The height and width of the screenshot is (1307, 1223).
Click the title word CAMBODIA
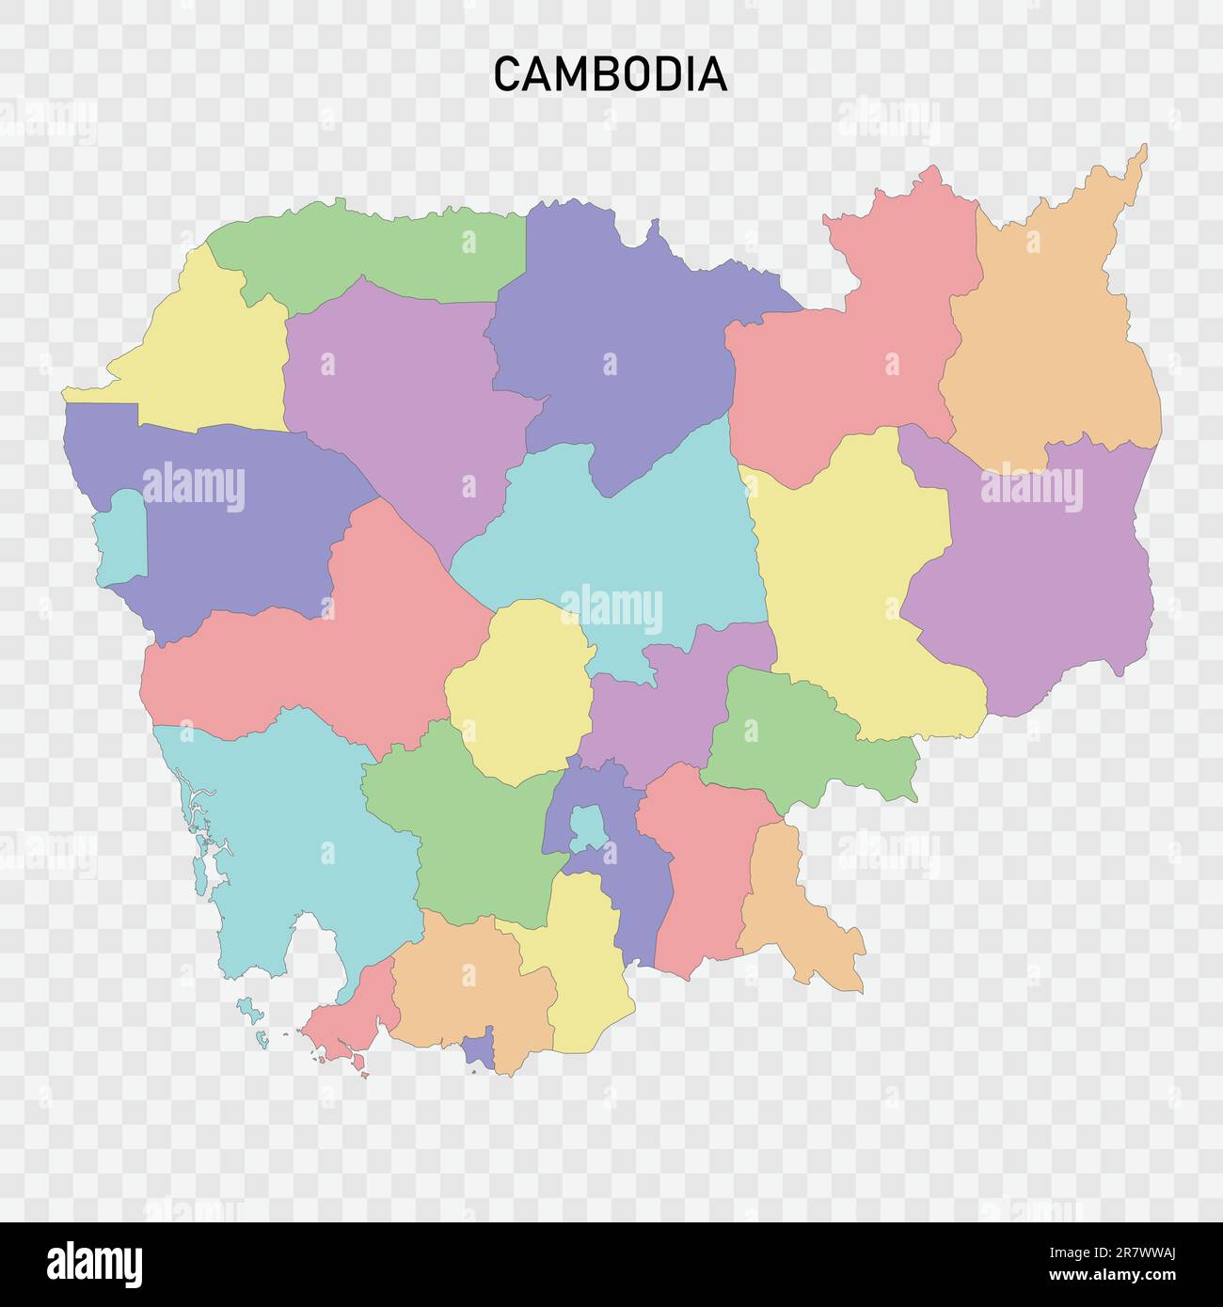pyautogui.click(x=611, y=74)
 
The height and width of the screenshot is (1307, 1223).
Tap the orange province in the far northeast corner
pyautogui.click(x=1049, y=339)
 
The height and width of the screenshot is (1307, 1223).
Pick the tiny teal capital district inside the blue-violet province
pyautogui.click(x=589, y=826)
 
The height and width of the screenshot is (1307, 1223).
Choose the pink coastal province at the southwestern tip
pyautogui.click(x=353, y=1020)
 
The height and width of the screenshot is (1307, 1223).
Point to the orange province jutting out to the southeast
pyautogui.click(x=795, y=912)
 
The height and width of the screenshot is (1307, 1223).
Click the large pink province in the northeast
pyautogui.click(x=847, y=367)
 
